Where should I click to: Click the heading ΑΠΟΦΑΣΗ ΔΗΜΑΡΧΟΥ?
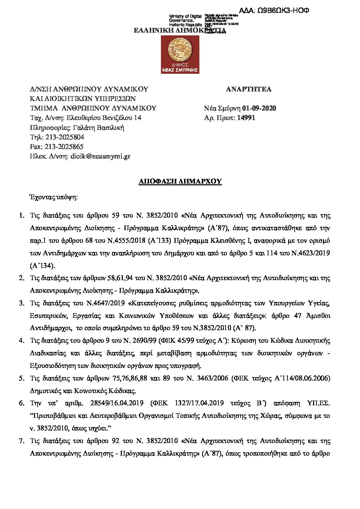click(180, 182)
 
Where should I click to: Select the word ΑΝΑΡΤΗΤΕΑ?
click(249, 89)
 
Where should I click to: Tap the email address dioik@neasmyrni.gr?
click(100, 156)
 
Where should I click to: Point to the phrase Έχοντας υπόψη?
click(54, 197)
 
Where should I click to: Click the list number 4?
click(21, 341)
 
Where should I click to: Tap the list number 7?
click(21, 441)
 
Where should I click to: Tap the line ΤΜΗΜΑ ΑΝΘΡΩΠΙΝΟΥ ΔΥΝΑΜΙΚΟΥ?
click(93, 108)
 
